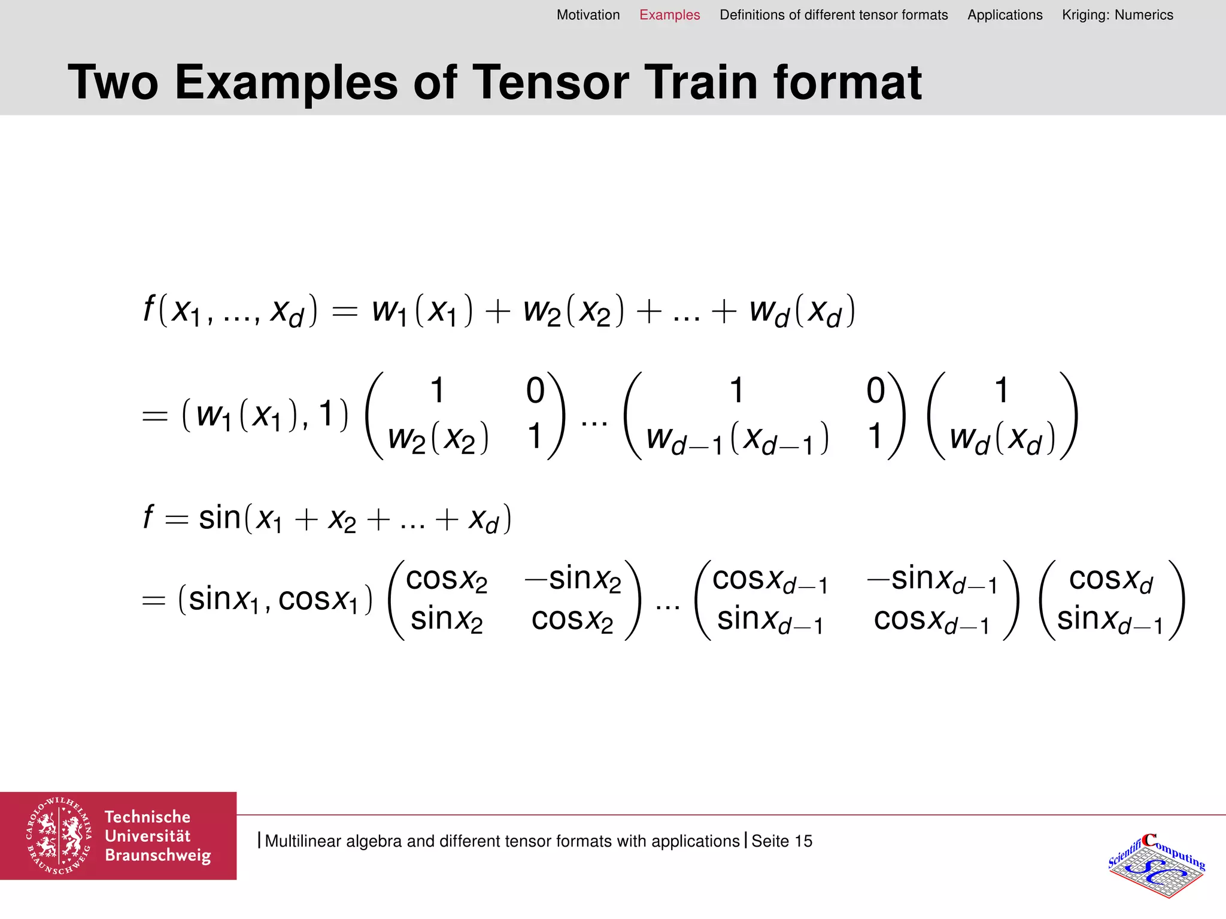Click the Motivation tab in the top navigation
tap(588, 15)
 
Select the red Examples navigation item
tap(669, 15)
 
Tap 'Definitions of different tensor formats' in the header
tap(833, 15)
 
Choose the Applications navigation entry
tap(1005, 15)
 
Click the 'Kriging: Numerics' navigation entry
tap(1117, 15)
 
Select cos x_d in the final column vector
tap(1110, 579)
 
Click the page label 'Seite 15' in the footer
tap(782, 841)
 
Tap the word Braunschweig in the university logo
tap(158, 856)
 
